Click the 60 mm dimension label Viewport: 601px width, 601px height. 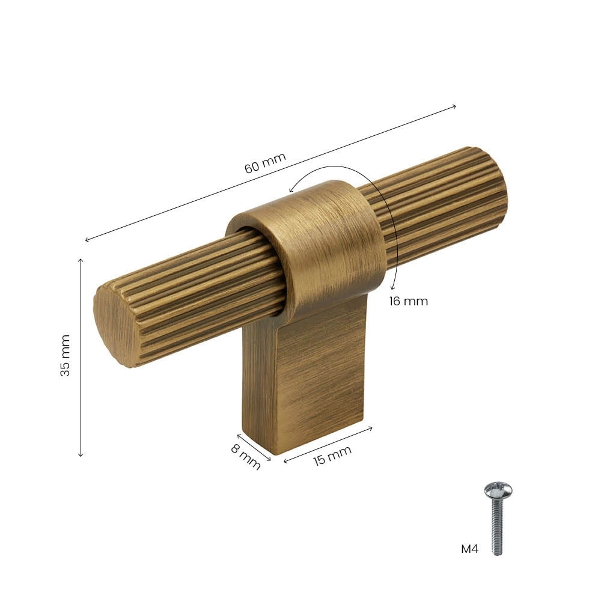coord(265,163)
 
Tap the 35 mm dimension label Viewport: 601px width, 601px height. coord(65,355)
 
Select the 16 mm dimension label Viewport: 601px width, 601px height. coord(408,301)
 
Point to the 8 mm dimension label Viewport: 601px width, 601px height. coord(246,456)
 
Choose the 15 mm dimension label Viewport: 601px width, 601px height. coord(332,456)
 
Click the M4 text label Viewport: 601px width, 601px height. coord(469,549)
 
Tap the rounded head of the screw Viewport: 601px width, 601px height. coord(498,490)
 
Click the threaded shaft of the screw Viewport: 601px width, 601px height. coord(497,527)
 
